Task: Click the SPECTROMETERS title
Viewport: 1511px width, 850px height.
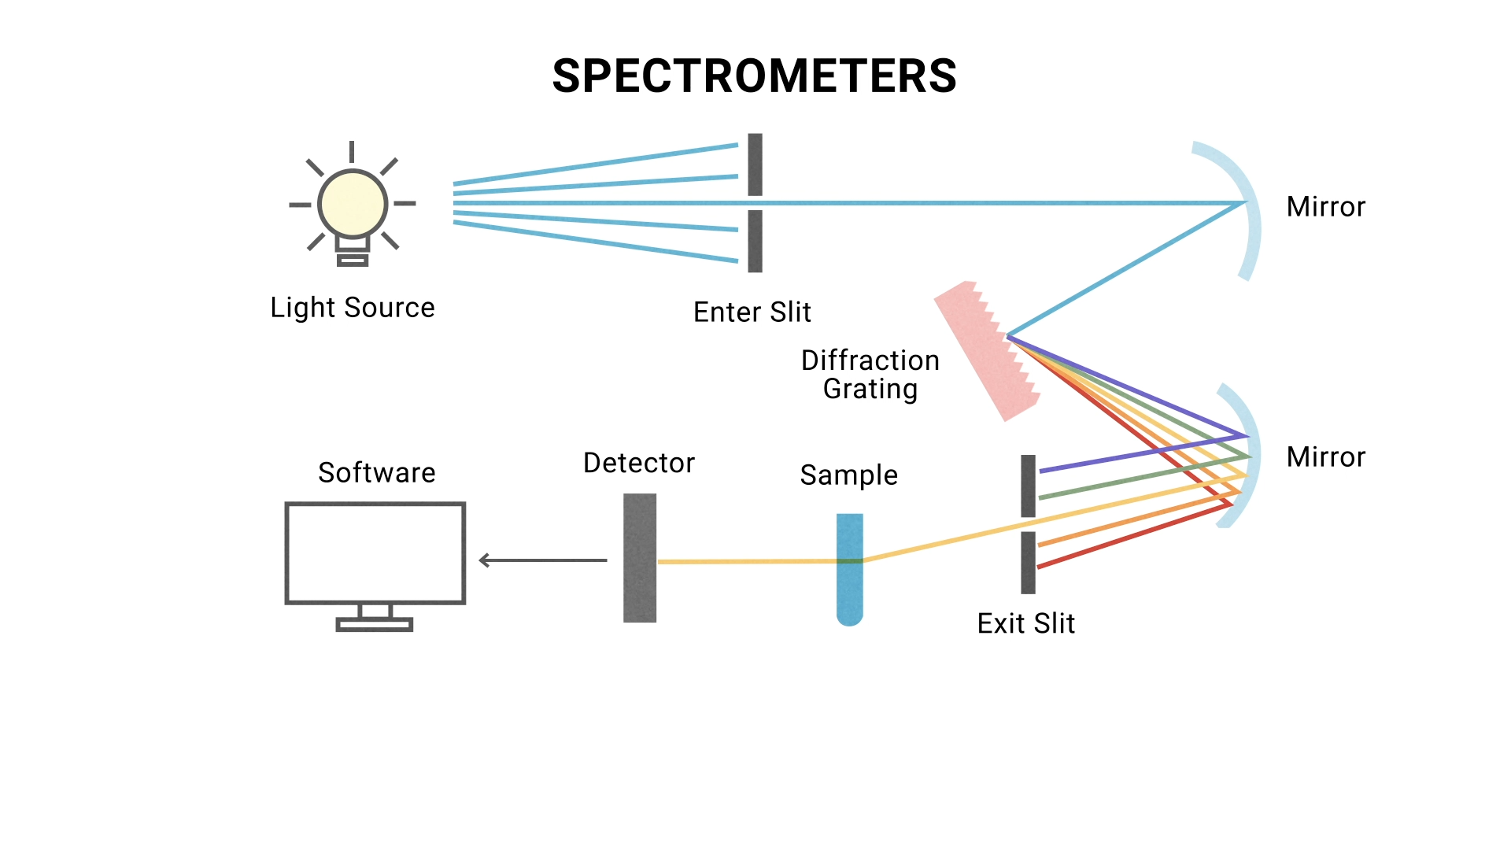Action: click(754, 76)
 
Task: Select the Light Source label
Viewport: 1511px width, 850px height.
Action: click(352, 308)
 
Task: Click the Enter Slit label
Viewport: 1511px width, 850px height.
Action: click(752, 312)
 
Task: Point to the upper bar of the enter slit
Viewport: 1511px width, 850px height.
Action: click(755, 164)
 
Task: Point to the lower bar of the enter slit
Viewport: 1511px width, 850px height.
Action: click(755, 241)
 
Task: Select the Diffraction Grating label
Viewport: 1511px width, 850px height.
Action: click(870, 375)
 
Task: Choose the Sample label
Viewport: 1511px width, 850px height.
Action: click(848, 475)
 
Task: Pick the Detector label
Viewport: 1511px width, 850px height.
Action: click(638, 464)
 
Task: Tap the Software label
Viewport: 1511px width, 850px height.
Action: click(376, 473)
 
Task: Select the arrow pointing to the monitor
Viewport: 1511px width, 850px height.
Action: click(542, 560)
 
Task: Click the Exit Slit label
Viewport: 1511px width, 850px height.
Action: click(1025, 623)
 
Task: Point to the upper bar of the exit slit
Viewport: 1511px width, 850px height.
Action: click(1028, 486)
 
